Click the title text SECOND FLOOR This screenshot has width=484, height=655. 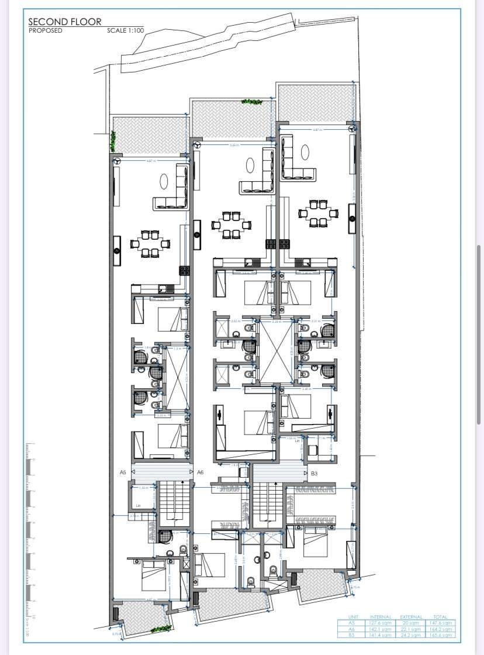point(65,22)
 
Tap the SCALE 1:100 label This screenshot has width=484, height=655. point(125,30)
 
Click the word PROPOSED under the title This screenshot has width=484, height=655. point(45,30)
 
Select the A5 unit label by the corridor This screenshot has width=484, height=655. point(123,472)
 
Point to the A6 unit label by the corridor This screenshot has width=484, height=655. point(200,472)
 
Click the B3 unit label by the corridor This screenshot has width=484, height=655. point(314,473)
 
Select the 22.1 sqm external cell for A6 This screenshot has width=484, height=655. point(410,629)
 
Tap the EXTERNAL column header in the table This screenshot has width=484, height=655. point(410,617)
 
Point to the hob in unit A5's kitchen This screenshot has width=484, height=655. point(185,271)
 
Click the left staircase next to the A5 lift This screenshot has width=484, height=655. point(173,502)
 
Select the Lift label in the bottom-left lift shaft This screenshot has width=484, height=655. point(139,505)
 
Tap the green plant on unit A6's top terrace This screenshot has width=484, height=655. point(252,102)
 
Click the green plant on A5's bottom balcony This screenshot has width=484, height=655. point(158,629)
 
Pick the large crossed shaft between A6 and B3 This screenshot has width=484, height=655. point(275,351)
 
